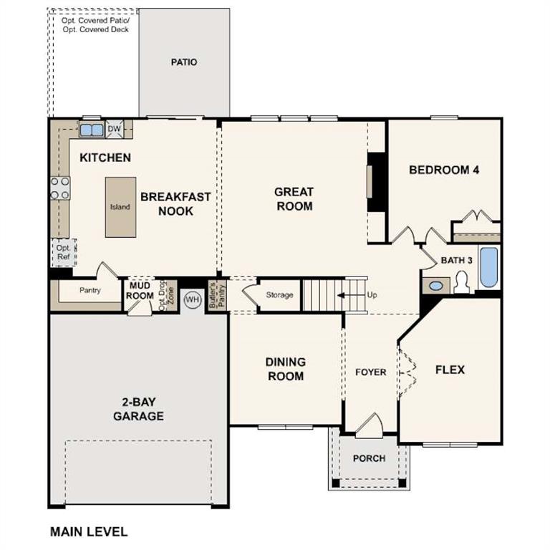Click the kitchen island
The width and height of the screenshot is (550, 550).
coord(120,207)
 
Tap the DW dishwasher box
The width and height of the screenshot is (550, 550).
coord(114,130)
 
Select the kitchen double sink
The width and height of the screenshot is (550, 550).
coord(91,130)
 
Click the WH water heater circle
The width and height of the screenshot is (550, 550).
coord(192,299)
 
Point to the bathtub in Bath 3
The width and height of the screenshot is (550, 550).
coord(488,268)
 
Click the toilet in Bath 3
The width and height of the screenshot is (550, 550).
coord(460,284)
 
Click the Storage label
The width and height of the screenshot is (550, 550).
coord(279,295)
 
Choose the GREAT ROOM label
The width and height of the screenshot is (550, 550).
coord(294,199)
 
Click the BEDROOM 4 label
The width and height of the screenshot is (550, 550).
coord(443,170)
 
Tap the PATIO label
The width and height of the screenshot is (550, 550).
coord(184,62)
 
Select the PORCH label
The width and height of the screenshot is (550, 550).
coord(370,458)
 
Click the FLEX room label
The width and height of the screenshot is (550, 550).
coord(450,370)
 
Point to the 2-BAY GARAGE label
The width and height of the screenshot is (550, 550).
coord(138,409)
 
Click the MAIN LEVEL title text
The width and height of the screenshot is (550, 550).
coord(89,531)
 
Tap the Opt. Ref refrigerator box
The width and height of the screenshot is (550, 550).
coord(63,252)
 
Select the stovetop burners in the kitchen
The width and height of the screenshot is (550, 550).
coord(60,188)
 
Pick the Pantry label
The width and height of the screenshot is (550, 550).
coord(90,290)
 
